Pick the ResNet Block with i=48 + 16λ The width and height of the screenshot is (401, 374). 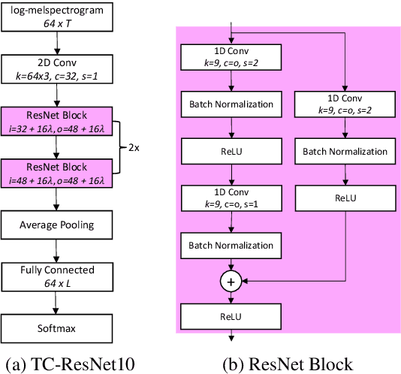(56, 172)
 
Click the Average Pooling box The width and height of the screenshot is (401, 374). (56, 224)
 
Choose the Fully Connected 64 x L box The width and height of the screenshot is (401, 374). (56, 275)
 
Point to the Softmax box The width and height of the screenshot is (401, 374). (56, 327)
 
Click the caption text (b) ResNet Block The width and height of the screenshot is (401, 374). (288, 363)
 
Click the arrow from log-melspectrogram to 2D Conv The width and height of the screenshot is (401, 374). (56, 43)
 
